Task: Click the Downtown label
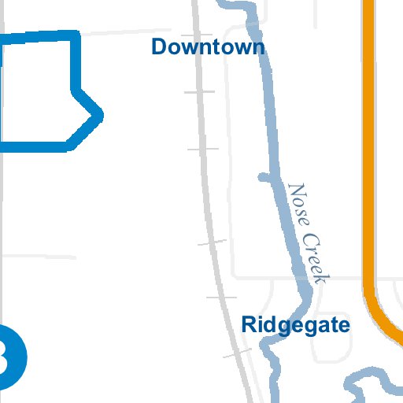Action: pos(208,46)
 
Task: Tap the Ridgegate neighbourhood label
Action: pos(295,324)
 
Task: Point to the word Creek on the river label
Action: pos(316,256)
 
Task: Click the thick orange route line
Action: pos(368,157)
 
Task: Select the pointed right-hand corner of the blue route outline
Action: pos(99,114)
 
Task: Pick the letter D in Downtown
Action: pos(159,46)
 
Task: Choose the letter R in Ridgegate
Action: pos(249,324)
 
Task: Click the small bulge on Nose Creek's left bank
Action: pos(264,176)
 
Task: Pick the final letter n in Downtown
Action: pos(257,47)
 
